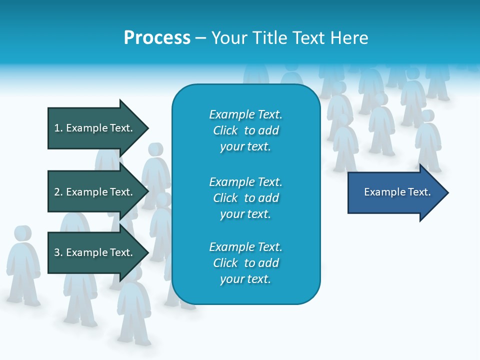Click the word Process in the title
[x=157, y=38]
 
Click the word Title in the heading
[x=270, y=38]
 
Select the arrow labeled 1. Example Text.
[x=97, y=128]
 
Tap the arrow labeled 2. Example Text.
[x=97, y=192]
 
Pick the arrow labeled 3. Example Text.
[x=97, y=252]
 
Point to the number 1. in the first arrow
[x=58, y=128]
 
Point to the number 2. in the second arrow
[x=58, y=192]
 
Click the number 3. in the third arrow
[x=58, y=252]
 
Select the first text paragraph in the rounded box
[x=245, y=130]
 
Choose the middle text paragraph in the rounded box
[x=245, y=198]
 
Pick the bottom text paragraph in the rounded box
[x=245, y=263]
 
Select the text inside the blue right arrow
[x=397, y=192]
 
